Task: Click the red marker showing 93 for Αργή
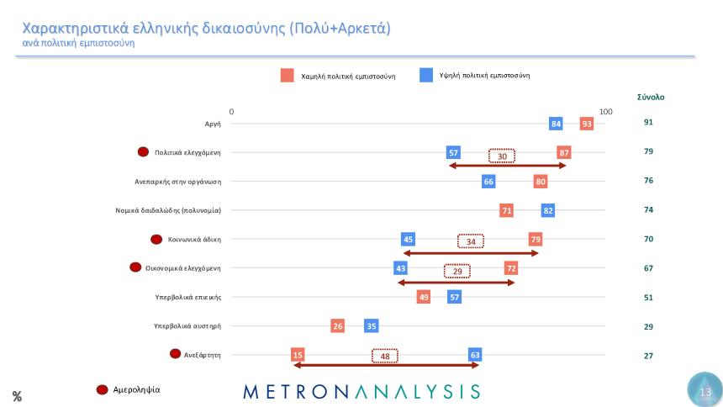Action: tap(586, 124)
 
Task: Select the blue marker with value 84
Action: tap(556, 124)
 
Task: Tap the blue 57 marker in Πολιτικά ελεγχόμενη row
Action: tap(453, 152)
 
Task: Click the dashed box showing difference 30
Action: tap(501, 156)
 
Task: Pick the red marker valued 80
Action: tap(540, 181)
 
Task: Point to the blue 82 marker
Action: tap(548, 210)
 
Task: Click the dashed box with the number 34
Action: tap(471, 242)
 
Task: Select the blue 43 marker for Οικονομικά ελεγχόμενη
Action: tap(400, 268)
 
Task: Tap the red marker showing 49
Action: tap(424, 297)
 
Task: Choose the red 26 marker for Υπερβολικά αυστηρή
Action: tap(337, 326)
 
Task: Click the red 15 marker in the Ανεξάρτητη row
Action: tap(298, 355)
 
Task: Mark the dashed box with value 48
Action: tap(384, 356)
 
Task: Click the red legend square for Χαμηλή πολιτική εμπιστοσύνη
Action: tap(287, 76)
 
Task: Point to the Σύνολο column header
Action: tap(651, 97)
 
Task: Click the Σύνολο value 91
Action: tap(648, 123)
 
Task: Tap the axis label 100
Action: tap(605, 112)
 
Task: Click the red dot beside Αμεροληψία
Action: tap(103, 389)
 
